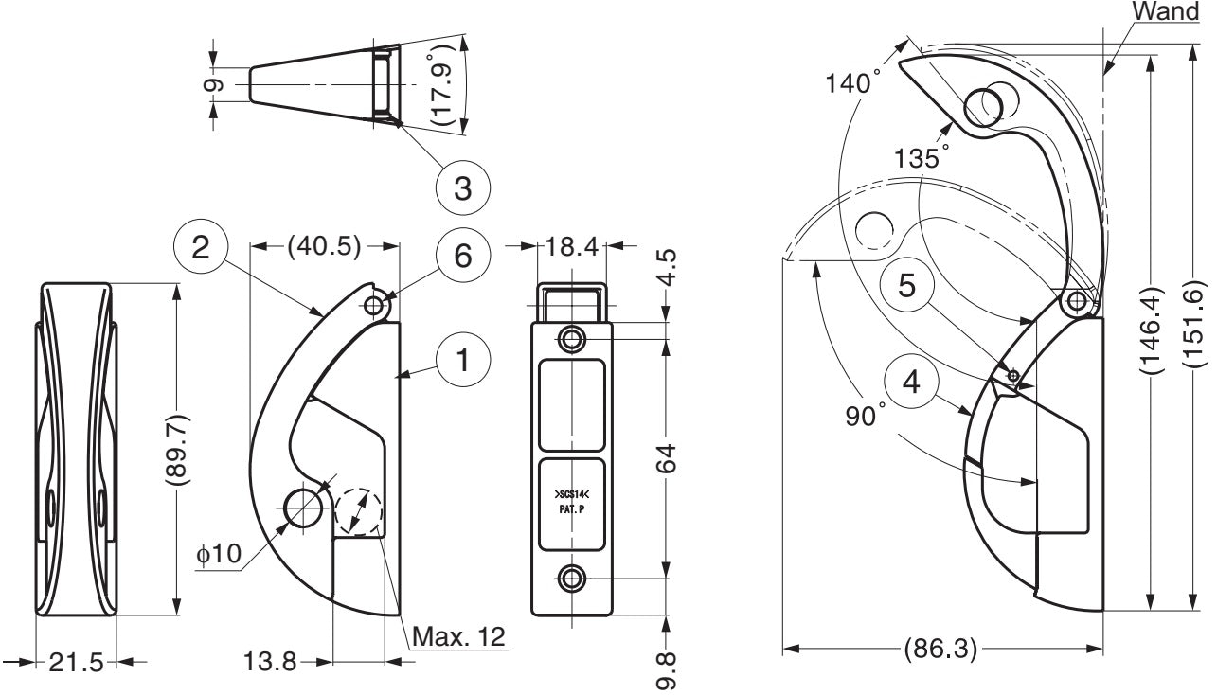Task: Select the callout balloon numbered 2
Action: coord(200,247)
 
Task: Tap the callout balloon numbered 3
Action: coord(462,187)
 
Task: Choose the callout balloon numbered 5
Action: coord(906,286)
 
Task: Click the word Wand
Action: coord(1166,12)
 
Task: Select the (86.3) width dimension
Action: coord(941,650)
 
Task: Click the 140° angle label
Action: coord(850,84)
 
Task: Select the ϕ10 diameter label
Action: coord(220,554)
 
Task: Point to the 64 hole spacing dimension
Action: coord(668,458)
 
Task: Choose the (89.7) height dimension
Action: coord(177,449)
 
